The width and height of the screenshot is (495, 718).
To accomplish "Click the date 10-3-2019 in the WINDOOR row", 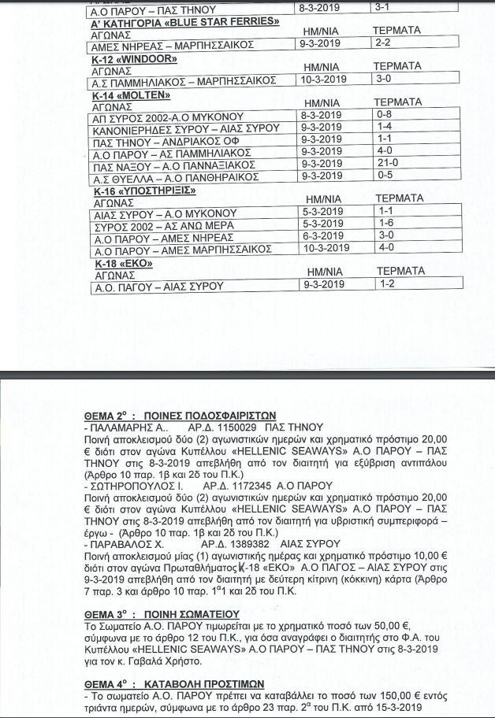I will [322, 80].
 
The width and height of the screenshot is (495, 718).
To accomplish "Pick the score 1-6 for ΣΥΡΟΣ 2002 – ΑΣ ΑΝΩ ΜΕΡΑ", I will [385, 223].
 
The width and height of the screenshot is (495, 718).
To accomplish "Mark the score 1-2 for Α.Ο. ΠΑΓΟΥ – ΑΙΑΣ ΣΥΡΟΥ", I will [386, 284].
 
